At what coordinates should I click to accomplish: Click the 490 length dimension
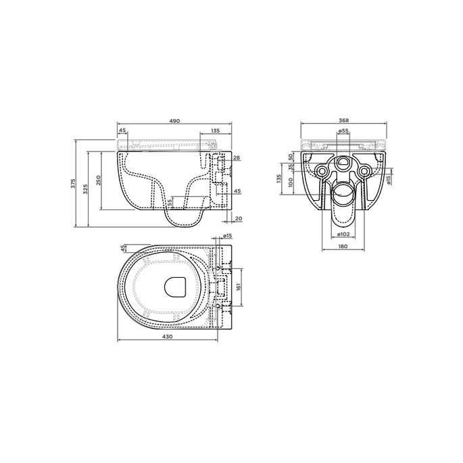(x=174, y=121)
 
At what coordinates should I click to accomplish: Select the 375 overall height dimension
(x=74, y=183)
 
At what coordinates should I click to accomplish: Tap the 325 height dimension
(x=85, y=189)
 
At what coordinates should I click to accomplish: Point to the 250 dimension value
(x=99, y=180)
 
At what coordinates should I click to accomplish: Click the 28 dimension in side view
(x=237, y=158)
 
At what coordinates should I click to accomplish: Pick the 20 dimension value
(x=239, y=218)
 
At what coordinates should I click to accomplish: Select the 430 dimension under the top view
(x=168, y=337)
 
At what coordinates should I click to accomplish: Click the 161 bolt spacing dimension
(x=239, y=287)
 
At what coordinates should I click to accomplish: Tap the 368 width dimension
(x=344, y=120)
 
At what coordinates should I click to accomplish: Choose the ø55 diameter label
(x=343, y=130)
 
